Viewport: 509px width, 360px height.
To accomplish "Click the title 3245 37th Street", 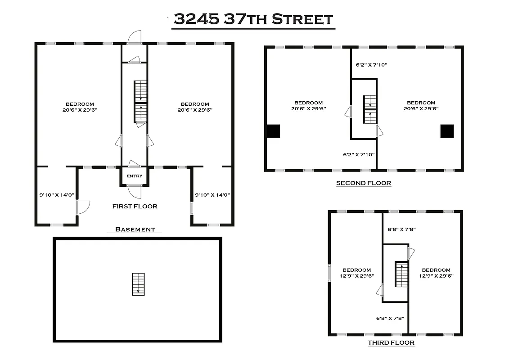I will [253, 19].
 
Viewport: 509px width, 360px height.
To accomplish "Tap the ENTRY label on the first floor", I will [134, 176].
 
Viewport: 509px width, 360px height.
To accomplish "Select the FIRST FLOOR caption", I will [135, 207].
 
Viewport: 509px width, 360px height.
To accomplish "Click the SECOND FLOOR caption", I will [364, 183].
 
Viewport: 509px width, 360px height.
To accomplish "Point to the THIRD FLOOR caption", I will [391, 342].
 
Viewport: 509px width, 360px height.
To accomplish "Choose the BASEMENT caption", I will [135, 229].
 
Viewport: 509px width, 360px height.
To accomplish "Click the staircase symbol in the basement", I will [138, 284].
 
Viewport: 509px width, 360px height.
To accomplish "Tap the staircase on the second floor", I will [370, 109].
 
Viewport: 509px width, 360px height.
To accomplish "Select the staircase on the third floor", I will [401, 274].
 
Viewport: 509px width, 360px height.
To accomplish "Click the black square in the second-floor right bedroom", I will [447, 131].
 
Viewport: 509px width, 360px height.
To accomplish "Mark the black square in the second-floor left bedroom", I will [274, 131].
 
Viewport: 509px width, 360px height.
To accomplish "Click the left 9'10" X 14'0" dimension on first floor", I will [57, 195].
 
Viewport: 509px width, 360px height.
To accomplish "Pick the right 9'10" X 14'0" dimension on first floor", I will [212, 195].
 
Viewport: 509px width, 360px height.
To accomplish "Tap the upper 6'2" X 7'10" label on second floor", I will [371, 65].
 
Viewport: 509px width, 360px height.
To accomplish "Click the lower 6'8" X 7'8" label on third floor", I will [390, 318].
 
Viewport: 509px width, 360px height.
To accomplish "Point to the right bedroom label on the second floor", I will [421, 106].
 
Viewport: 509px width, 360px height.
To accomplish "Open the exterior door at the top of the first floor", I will [134, 37].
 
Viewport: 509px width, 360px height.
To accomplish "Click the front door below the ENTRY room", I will [134, 192].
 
